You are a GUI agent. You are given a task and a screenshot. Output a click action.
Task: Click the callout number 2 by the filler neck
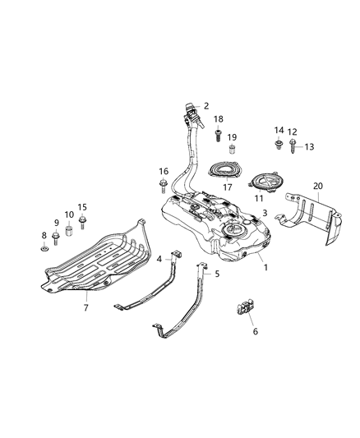coord(206,105)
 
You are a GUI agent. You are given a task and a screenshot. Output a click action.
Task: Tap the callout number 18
coord(219,119)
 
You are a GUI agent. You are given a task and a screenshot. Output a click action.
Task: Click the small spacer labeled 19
coord(233,150)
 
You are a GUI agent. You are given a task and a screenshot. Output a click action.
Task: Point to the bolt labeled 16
coord(164,183)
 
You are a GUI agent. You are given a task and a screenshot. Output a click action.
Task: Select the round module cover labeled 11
coord(266,182)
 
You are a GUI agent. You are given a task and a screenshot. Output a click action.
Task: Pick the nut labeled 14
coord(280,145)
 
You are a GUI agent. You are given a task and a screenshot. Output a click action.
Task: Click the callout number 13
coord(309,147)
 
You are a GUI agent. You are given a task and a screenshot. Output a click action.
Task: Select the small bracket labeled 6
coord(245,308)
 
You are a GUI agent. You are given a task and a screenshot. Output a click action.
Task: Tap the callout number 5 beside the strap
coord(216,274)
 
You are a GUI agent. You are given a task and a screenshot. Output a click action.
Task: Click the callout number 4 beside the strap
coord(159,259)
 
